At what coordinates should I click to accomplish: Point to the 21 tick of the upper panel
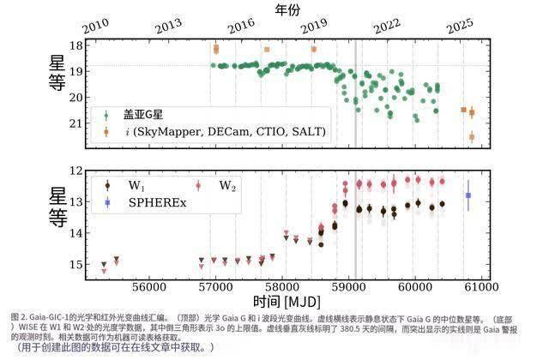76,123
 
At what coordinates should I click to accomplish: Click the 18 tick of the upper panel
76,45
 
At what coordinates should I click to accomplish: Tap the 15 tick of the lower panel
76,264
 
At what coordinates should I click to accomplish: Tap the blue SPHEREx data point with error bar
468,195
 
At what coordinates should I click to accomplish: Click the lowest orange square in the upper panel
471,136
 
